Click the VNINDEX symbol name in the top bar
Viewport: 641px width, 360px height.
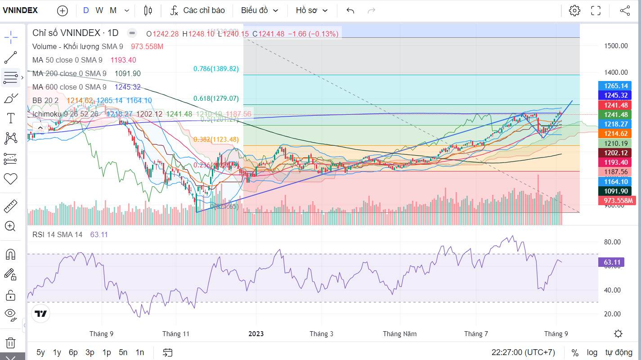(x=20, y=10)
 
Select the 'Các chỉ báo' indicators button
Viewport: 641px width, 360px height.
(x=197, y=10)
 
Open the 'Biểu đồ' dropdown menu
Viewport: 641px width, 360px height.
(x=260, y=10)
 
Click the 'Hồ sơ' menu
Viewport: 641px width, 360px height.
(x=312, y=10)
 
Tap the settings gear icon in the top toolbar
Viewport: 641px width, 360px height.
(x=574, y=11)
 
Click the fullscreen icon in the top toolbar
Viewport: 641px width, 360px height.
(x=596, y=11)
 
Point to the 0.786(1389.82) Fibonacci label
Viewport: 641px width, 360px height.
(x=216, y=69)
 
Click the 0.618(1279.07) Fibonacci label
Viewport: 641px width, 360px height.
(x=216, y=99)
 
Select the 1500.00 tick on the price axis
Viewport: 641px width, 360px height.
(x=616, y=45)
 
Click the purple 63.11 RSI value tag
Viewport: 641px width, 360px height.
(x=611, y=262)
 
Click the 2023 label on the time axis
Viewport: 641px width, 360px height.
(x=256, y=333)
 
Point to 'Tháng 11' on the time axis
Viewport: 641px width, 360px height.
(x=176, y=333)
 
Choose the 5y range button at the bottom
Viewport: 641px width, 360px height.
(x=40, y=352)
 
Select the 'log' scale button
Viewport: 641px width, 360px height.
(x=592, y=352)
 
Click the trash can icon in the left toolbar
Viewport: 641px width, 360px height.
(x=10, y=343)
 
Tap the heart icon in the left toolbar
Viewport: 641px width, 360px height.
(x=10, y=179)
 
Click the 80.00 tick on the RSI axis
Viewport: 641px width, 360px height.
(x=612, y=242)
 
